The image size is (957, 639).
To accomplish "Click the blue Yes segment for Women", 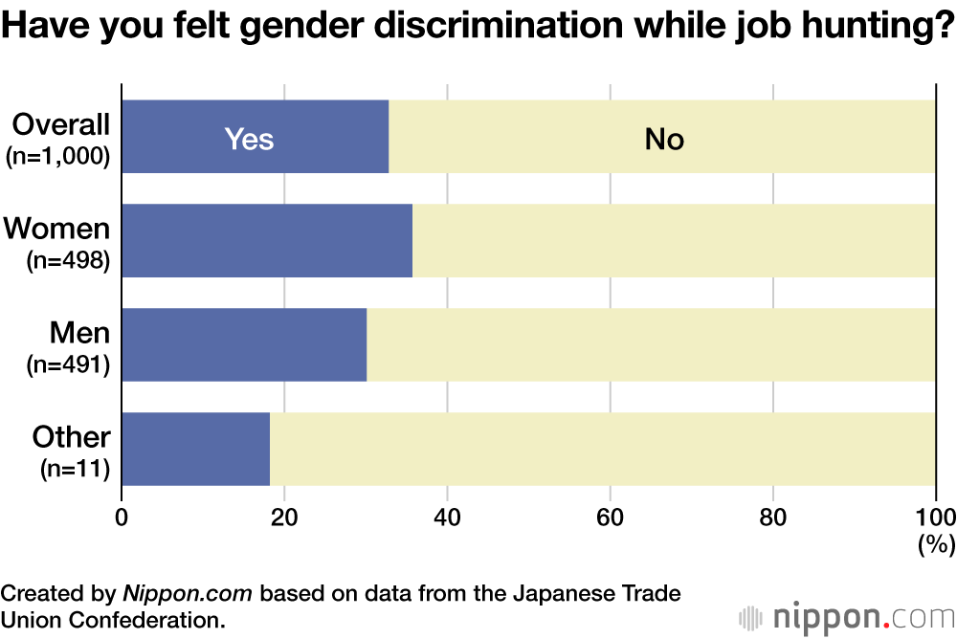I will pos(267,241).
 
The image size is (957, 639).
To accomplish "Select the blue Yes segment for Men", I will pos(244,344).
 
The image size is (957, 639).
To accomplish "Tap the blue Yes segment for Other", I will pos(195,449).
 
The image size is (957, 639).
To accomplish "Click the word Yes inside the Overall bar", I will pos(249,140).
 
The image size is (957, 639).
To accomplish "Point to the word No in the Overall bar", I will pos(664,140).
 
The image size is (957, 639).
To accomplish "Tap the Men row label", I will pos(80,333).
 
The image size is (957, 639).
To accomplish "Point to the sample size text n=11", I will pos(75,469).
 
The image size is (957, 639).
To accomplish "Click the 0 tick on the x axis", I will pos(122,518).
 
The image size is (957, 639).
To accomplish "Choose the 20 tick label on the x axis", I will pos(284,518).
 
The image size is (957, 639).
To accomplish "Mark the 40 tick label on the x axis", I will pos(447,518).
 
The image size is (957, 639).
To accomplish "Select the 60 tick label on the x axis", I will pos(610,518).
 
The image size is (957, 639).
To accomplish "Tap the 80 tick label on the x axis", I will pos(772,518).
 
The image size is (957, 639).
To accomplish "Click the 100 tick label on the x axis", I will pos(935,518).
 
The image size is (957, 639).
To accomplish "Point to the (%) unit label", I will pos(936,546).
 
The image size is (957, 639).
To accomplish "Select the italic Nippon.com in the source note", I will pos(188,593).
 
